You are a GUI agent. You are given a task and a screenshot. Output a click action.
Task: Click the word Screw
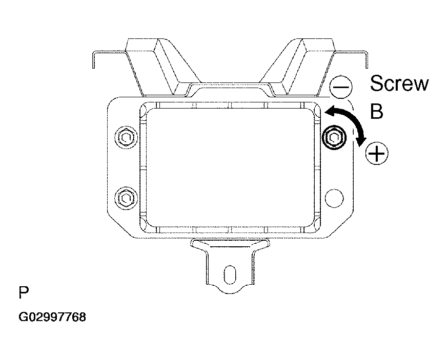pyautogui.click(x=399, y=83)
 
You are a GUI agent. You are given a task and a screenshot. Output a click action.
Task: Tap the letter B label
pyautogui.click(x=377, y=111)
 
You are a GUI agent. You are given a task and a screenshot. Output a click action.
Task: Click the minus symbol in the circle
pyautogui.click(x=341, y=87)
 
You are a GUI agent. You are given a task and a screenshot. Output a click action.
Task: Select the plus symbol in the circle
pyautogui.click(x=377, y=154)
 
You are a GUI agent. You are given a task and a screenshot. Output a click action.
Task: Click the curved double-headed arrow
pyautogui.click(x=352, y=120)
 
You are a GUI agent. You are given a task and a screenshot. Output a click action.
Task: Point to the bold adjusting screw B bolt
pyautogui.click(x=333, y=138)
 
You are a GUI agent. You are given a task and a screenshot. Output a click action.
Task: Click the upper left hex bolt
pyautogui.click(x=126, y=138)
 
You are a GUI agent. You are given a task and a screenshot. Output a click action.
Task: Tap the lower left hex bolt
pyautogui.click(x=126, y=198)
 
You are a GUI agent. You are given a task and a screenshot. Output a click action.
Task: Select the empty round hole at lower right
pyautogui.click(x=334, y=198)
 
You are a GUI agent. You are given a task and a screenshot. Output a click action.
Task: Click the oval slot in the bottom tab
pyautogui.click(x=230, y=274)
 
